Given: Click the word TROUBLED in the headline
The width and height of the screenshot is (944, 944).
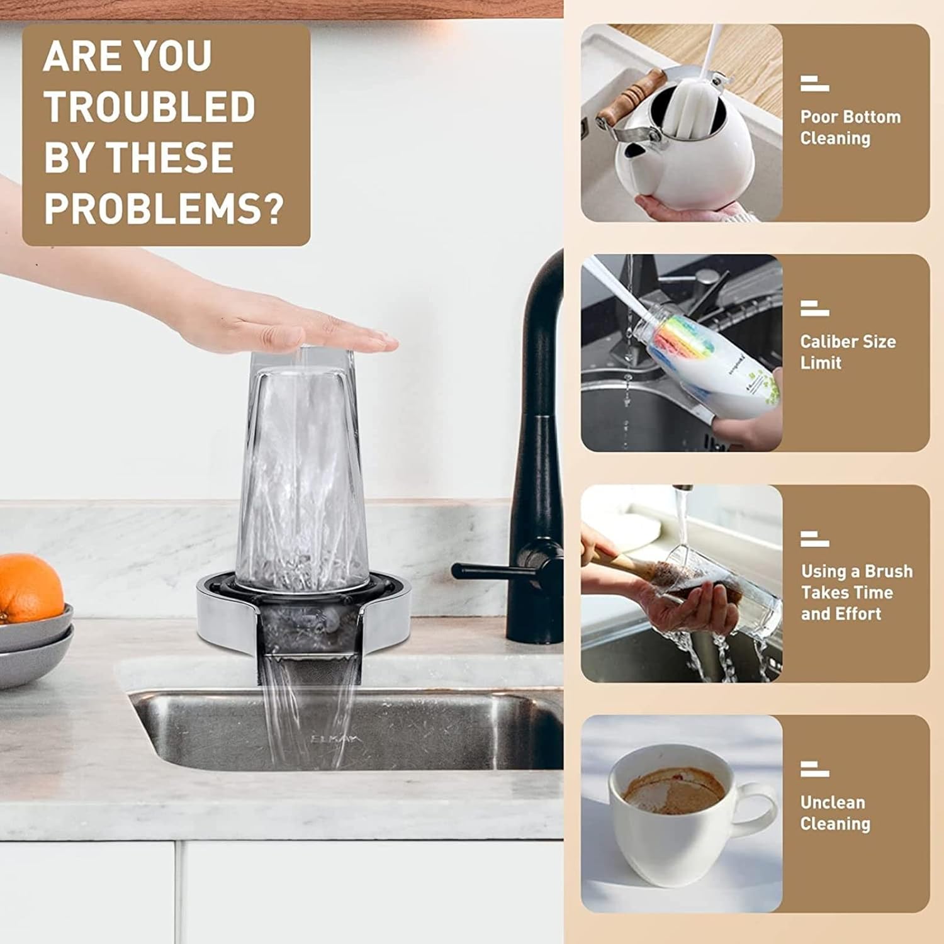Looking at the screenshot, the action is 149,106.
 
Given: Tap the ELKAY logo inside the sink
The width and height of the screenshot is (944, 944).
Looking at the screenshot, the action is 337,738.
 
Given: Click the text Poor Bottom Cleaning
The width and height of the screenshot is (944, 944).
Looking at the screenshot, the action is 850,127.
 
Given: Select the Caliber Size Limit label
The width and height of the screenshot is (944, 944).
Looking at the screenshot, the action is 848,352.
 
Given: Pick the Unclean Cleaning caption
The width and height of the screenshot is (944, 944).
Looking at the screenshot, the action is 835,812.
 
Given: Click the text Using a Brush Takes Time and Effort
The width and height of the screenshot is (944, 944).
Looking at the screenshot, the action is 856,592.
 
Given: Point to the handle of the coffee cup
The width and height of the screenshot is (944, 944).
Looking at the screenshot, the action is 758,809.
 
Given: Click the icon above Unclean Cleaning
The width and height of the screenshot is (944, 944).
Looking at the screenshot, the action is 814,769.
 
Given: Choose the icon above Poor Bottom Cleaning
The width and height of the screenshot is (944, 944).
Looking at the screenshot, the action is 814,84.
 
